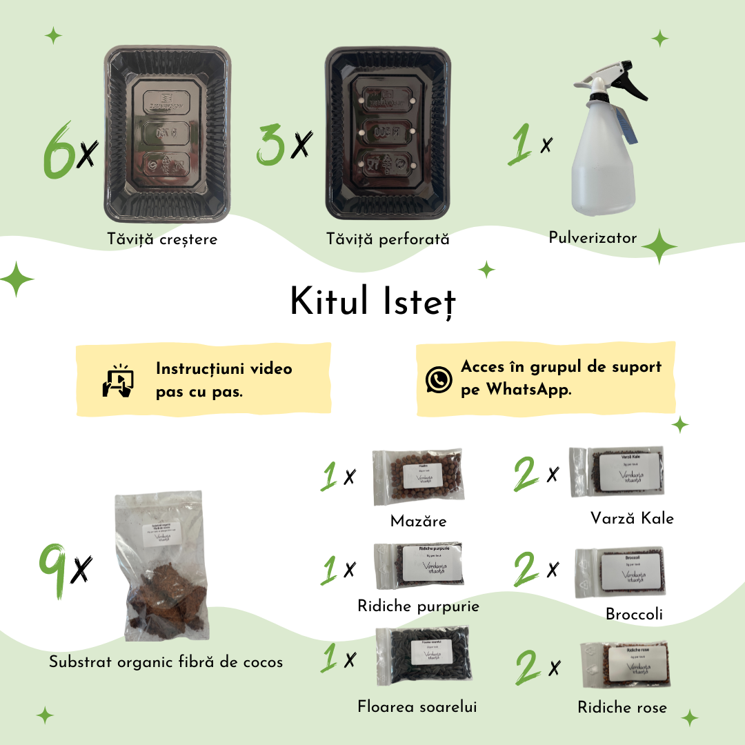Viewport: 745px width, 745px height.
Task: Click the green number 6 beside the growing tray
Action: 59,150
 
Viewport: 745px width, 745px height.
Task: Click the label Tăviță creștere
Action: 162,239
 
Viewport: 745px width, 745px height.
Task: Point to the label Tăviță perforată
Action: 388,239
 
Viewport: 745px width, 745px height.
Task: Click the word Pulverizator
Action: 593,237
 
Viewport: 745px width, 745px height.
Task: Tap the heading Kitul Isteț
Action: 372,302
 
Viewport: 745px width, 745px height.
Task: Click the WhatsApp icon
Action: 439,379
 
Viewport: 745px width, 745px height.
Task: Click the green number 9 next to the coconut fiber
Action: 53,570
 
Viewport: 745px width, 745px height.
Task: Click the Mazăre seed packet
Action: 417,477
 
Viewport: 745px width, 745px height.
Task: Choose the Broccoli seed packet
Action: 619,572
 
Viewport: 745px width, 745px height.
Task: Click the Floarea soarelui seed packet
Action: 422,656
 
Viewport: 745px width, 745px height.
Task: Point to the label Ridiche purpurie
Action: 418,606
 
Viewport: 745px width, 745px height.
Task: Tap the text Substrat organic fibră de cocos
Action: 166,662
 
